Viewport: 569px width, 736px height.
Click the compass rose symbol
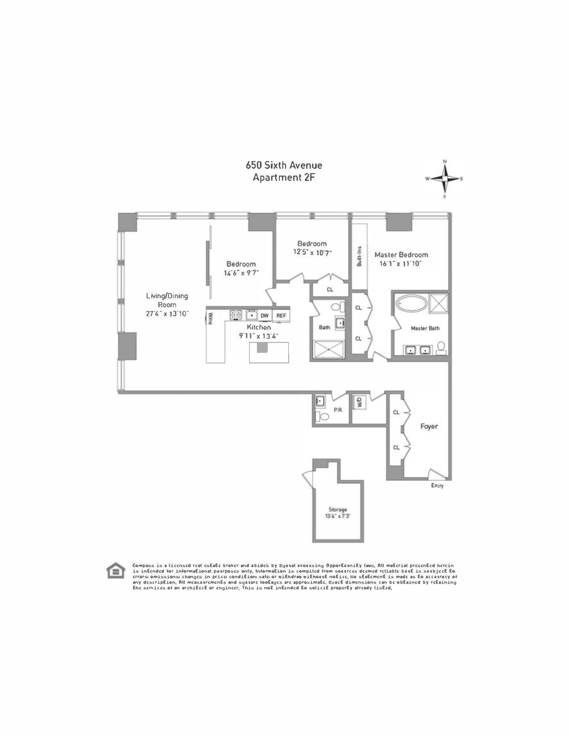point(445,179)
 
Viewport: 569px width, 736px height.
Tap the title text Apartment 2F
point(284,177)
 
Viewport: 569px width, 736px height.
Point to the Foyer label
point(429,426)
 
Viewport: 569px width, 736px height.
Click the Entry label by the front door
point(437,486)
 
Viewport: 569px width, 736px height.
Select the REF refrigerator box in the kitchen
point(281,315)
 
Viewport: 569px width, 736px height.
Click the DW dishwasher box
point(265,315)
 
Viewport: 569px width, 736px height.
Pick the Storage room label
point(338,510)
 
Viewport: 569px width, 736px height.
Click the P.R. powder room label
point(338,410)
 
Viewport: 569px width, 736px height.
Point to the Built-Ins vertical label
point(359,256)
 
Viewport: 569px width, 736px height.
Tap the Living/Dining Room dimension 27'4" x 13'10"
point(167,314)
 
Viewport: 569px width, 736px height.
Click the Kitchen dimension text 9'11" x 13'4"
point(259,336)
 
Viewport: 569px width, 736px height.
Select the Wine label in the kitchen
point(210,318)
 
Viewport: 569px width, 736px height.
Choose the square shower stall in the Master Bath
point(439,304)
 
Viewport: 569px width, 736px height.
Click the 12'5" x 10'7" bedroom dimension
point(312,252)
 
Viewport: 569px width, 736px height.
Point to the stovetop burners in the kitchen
point(236,315)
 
